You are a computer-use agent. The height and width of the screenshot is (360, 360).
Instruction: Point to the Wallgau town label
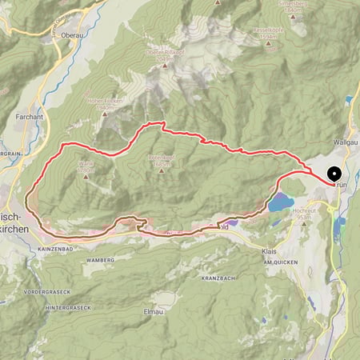click(344, 141)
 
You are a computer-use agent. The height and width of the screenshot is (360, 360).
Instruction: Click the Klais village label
click(270, 250)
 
